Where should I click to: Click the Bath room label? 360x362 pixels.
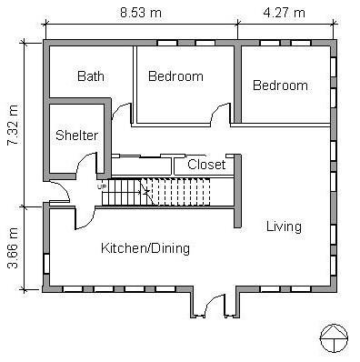click(91, 76)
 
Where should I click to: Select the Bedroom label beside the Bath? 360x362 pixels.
click(175, 76)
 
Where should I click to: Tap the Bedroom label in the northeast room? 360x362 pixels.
click(280, 85)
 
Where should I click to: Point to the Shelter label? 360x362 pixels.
click(76, 136)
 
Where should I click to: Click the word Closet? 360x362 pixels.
click(206, 165)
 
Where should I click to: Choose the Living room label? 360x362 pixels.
click(284, 226)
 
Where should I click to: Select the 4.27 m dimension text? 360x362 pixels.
click(285, 14)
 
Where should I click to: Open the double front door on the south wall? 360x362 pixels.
click(214, 307)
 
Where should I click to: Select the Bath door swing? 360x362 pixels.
click(118, 112)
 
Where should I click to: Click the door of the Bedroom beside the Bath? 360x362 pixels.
click(219, 114)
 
